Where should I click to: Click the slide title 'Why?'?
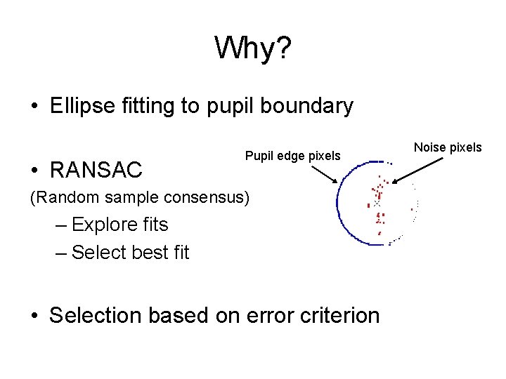[253, 48]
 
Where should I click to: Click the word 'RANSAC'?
[96, 169]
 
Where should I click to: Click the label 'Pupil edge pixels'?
[292, 155]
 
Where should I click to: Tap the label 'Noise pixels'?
[448, 147]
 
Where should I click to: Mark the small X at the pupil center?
[377, 203]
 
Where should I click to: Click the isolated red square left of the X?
[368, 205]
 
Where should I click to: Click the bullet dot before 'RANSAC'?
[34, 170]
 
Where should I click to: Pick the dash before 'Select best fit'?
[61, 252]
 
